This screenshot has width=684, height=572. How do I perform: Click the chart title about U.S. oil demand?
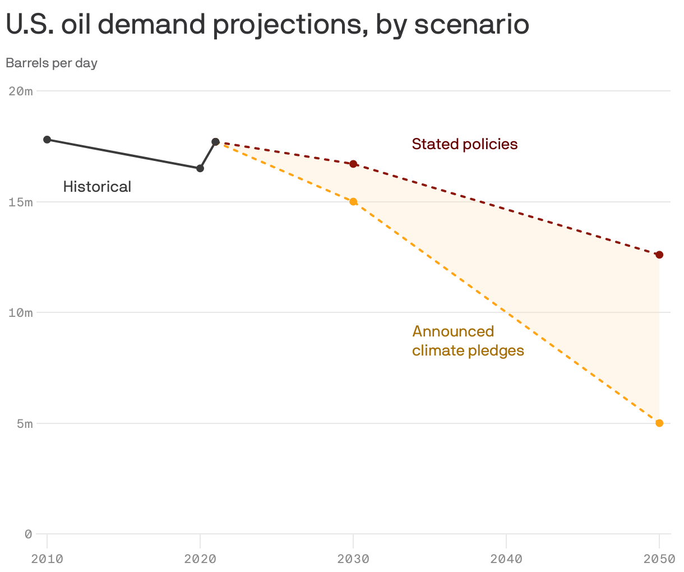pos(267,25)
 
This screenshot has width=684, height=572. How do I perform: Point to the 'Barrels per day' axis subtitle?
pos(52,63)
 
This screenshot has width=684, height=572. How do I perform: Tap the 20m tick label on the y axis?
pos(21,91)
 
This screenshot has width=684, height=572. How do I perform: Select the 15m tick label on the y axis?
pos(21,202)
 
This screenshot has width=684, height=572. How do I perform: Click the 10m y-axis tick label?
pos(21,312)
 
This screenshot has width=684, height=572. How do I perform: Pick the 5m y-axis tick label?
pos(24,423)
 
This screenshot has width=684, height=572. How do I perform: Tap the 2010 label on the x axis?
pos(47,559)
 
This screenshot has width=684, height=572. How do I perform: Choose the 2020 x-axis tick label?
pos(200,559)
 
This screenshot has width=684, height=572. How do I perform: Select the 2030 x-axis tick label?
pos(353,559)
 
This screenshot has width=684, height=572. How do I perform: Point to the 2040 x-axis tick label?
pos(506,559)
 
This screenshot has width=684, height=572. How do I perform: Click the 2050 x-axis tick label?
pos(659,559)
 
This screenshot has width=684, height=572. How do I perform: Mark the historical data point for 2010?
pos(47,140)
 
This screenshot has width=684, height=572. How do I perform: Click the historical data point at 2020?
pos(200,168)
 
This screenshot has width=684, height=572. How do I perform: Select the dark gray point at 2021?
pos(215,142)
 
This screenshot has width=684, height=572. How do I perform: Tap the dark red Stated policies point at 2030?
pos(353,164)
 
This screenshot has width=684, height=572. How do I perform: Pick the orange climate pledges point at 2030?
pos(353,202)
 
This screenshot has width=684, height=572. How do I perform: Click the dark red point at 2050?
pos(659,255)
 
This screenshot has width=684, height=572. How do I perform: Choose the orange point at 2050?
pos(659,423)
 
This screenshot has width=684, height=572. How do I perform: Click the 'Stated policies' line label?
pos(464,144)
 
